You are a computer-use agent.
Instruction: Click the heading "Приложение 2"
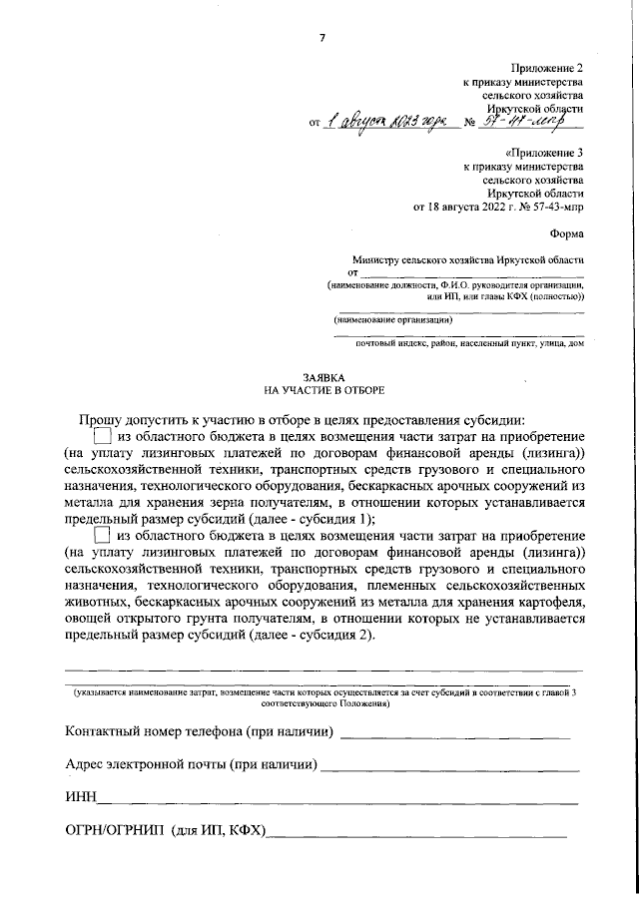click(x=548, y=65)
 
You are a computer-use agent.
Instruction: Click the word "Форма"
click(x=566, y=236)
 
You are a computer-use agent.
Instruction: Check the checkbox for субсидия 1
click(x=103, y=436)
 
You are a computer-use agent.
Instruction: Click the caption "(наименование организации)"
click(x=393, y=320)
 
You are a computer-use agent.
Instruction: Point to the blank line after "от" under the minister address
click(x=471, y=271)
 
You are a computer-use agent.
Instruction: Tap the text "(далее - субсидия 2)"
click(x=312, y=638)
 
